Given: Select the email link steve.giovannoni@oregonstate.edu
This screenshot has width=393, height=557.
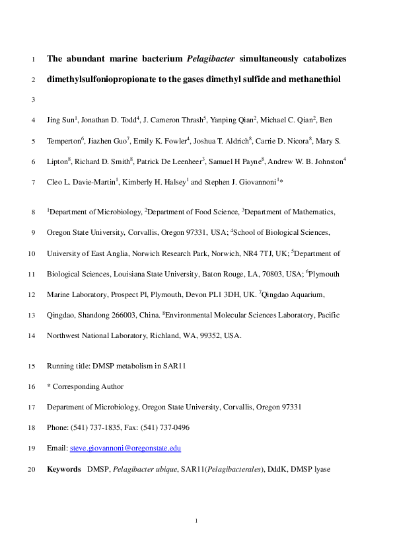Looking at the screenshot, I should (125, 449).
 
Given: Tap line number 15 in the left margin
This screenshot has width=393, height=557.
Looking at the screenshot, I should (32, 366).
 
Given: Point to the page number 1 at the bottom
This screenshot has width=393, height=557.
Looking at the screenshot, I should (197, 523).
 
